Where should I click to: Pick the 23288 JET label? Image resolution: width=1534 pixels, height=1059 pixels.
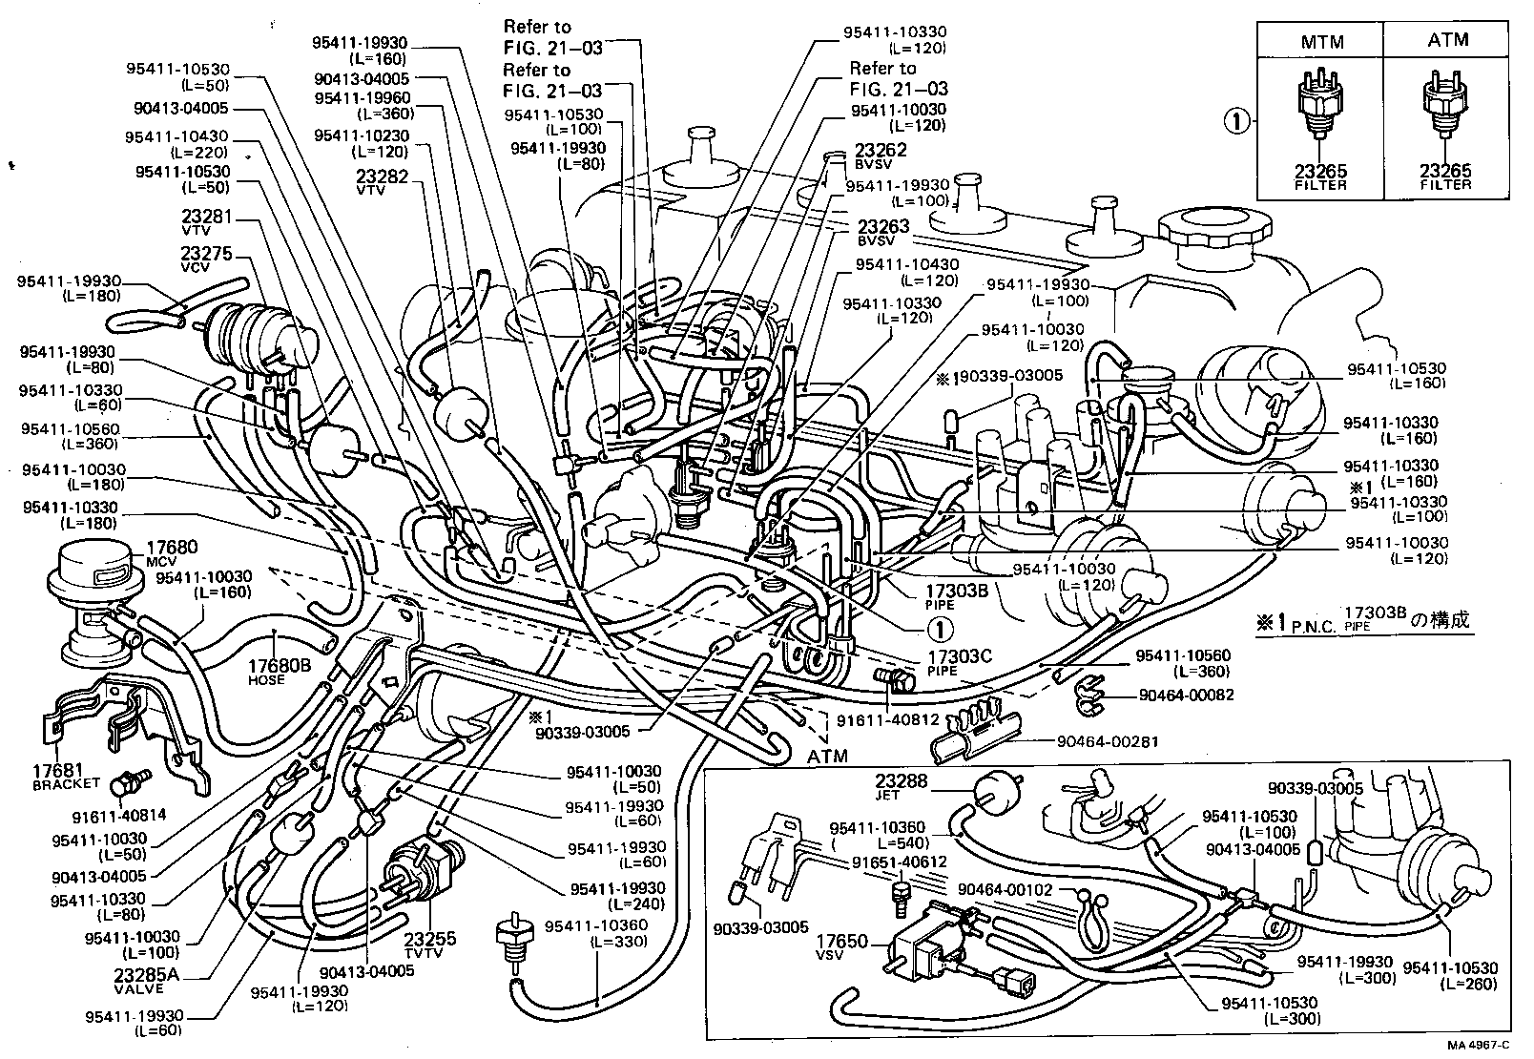point(901,785)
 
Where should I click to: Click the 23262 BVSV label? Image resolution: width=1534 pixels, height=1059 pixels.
point(880,155)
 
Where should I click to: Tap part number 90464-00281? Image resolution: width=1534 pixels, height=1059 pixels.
point(1103,740)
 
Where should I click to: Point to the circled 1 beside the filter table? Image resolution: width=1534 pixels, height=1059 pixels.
point(1237,121)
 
